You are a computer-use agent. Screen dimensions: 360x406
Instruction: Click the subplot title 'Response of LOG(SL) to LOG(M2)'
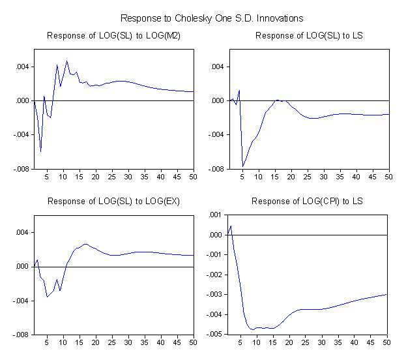coord(113,35)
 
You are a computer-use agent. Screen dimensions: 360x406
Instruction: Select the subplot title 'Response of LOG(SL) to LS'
coord(309,35)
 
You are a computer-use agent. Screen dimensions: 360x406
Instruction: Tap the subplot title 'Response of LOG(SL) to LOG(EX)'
coord(113,201)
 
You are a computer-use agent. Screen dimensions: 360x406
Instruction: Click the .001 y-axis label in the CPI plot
coord(214,215)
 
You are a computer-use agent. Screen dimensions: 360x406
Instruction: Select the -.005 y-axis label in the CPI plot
coord(213,335)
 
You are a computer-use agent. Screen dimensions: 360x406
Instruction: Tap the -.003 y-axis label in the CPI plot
coord(213,295)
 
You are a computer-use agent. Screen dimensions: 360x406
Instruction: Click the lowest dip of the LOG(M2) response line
coord(40,151)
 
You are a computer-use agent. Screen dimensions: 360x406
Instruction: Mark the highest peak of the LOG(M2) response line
coord(66,61)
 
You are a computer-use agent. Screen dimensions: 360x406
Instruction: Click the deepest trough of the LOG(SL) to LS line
coord(243,166)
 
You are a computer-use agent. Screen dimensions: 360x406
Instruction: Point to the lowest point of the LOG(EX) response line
coord(47,297)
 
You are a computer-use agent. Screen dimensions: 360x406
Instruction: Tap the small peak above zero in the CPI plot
coord(231,226)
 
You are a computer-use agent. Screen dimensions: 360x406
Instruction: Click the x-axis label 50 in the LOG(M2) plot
coord(193,177)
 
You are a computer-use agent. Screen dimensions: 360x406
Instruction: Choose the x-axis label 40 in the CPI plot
coord(355,342)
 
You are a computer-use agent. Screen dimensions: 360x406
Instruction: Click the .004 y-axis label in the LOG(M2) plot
coord(23,67)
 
